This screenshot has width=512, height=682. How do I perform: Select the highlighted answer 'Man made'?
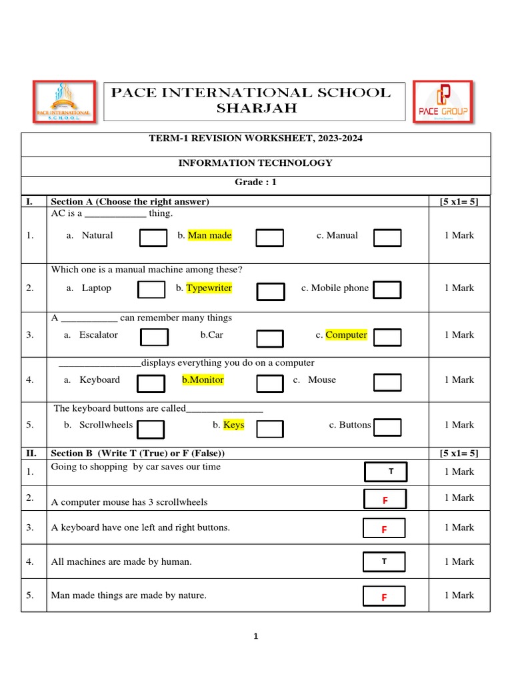pos(209,235)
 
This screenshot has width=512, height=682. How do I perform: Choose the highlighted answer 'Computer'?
pos(346,335)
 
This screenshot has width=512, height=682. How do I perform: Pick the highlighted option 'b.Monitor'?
pos(203,380)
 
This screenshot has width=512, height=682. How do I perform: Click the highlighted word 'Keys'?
pos(233,425)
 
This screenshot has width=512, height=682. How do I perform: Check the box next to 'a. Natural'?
pos(153,238)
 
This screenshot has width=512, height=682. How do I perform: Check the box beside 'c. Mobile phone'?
pos(387,290)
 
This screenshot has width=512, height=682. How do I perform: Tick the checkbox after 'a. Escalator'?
pos(154,338)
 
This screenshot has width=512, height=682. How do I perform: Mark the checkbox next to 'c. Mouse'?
pos(387,382)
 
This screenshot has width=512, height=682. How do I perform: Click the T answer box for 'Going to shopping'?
pos(386,472)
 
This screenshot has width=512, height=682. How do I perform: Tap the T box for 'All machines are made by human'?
pos(384,561)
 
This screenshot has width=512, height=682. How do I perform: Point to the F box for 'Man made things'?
pos(384,597)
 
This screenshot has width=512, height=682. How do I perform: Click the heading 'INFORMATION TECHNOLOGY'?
pos(256,163)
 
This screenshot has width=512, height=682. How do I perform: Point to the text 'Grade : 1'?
pos(256,182)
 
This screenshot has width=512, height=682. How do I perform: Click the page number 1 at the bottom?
pos(255,637)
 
